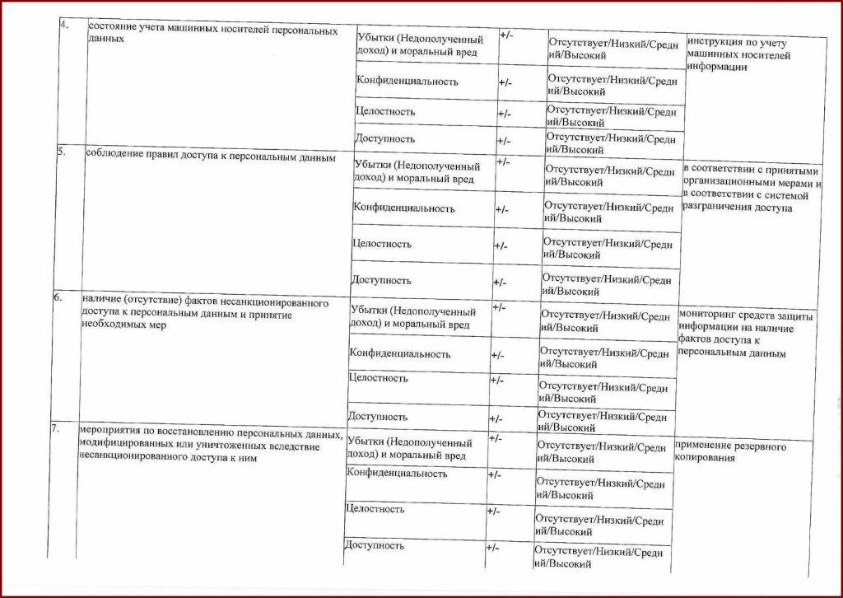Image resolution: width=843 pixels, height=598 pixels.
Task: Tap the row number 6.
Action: click(58, 298)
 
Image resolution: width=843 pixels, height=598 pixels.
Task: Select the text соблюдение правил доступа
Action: click(210, 157)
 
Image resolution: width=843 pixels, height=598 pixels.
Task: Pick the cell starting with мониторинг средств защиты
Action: click(746, 334)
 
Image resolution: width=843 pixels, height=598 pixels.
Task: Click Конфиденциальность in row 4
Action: click(407, 82)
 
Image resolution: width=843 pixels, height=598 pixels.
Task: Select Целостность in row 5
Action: click(381, 244)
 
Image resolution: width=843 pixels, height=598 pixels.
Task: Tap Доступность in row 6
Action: click(378, 416)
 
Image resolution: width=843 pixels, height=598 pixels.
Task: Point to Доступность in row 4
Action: click(385, 138)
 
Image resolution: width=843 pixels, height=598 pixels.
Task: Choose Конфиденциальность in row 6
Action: click(400, 353)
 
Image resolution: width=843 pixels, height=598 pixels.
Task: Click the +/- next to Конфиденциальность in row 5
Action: click(501, 210)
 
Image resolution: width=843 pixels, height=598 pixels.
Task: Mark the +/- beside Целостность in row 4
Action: click(504, 114)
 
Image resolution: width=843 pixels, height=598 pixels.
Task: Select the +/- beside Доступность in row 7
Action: click(492, 548)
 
